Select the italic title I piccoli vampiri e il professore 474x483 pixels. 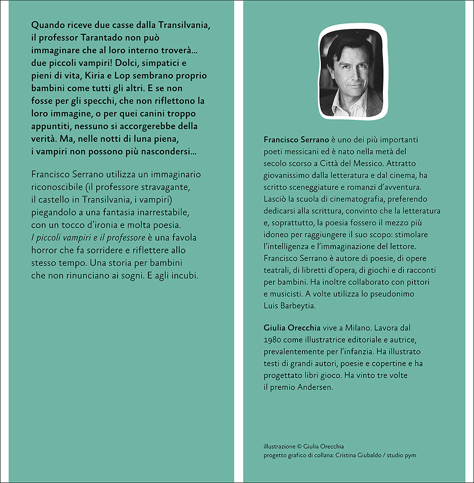pos(88,237)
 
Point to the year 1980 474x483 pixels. pos(273,340)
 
